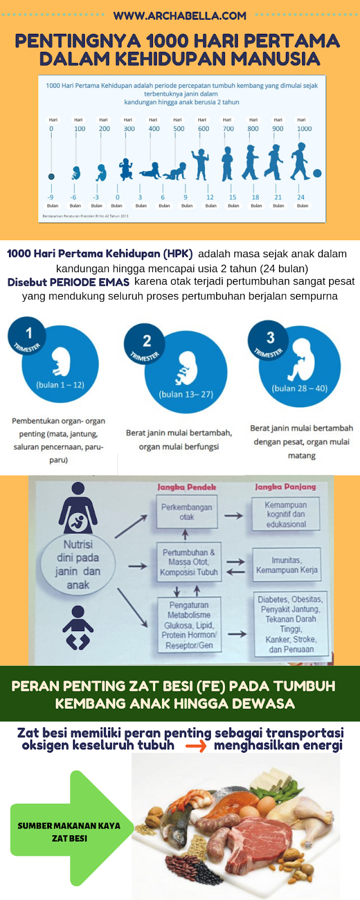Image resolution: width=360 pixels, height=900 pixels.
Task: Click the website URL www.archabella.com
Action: coord(180,16)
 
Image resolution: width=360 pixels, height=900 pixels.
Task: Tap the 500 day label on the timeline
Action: coord(179,128)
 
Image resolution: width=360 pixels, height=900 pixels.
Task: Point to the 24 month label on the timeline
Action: coord(301,197)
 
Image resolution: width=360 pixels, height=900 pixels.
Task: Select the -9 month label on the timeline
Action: coord(51,197)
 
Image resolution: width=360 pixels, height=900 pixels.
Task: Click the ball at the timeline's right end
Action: coord(317,173)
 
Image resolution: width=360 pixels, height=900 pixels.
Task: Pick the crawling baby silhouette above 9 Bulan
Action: coord(174,171)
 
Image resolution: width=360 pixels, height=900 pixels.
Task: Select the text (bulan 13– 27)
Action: coord(186,394)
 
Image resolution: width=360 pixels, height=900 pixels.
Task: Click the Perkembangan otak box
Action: coord(186,512)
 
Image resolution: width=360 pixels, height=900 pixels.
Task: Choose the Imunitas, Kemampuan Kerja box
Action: coord(286,565)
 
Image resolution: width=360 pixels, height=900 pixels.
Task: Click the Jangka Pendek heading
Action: coord(186,487)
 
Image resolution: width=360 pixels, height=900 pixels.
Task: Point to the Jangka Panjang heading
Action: coord(285,487)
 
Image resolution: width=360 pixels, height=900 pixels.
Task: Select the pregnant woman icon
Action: coord(78,508)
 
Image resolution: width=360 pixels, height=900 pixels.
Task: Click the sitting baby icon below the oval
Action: coord(78,628)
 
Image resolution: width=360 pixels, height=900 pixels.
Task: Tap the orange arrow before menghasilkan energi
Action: coord(196,747)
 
